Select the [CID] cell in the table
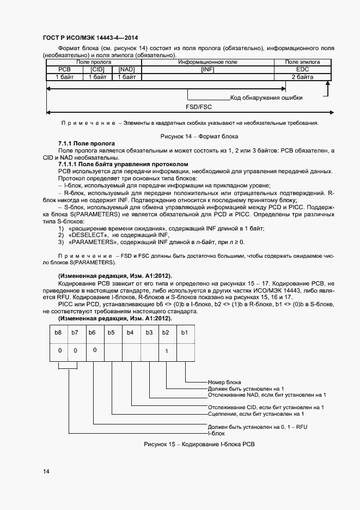coord(97,70)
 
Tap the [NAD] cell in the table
coord(126,70)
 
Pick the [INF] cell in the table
coord(208,70)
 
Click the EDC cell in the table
coord(302,70)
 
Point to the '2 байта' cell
coord(302,78)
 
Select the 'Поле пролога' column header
coord(93,63)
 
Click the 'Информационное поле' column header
coord(208,63)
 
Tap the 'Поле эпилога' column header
coord(302,63)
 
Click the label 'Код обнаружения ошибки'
coord(266,98)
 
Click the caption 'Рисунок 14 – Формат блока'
coord(199,136)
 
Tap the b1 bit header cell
coord(184,332)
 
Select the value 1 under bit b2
coord(166,351)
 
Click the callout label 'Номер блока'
coord(224,382)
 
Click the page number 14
coord(46,471)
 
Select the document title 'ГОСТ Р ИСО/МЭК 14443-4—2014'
coord(90,38)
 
